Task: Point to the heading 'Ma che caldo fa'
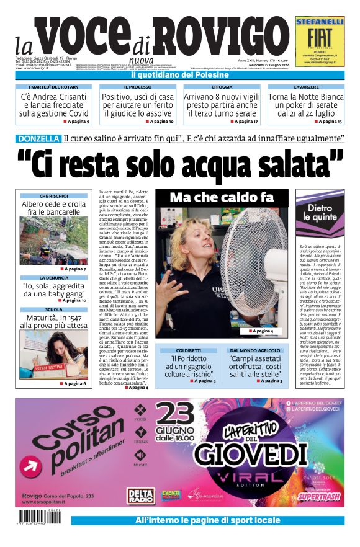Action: tap(221, 197)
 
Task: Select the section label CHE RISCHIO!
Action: tap(53, 196)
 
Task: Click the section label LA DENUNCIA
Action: tap(53, 278)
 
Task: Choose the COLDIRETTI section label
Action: tap(189, 350)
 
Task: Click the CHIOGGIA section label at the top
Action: tap(222, 87)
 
